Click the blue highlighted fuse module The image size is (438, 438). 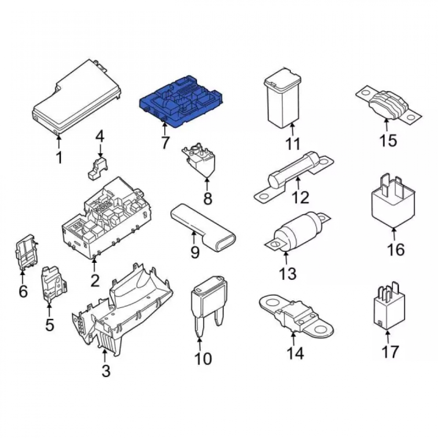[182, 101]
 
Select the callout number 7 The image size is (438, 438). [165, 143]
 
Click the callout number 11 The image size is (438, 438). [293, 144]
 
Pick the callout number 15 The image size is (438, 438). [388, 141]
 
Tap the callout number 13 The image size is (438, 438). [288, 273]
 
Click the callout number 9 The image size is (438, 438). [195, 252]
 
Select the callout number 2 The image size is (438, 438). [95, 280]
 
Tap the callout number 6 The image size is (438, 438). [23, 291]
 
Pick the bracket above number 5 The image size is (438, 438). [54, 283]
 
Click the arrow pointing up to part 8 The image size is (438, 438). [207, 184]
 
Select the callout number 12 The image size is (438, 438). [300, 198]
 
